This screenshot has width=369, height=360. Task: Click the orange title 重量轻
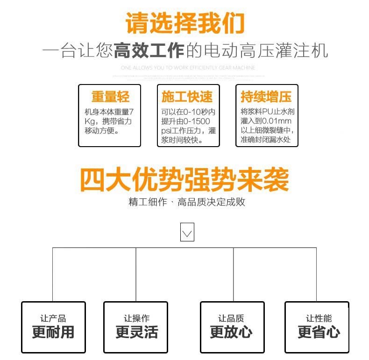pyautogui.click(x=110, y=97)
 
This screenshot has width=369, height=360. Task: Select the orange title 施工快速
pyautogui.click(x=187, y=97)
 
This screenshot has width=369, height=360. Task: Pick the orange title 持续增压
pyautogui.click(x=266, y=97)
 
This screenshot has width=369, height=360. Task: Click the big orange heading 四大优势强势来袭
pyautogui.click(x=184, y=179)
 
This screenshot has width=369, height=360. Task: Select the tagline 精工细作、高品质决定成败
pyautogui.click(x=187, y=202)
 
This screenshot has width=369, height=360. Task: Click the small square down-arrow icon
pyautogui.click(x=187, y=233)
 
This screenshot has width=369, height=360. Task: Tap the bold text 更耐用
pyautogui.click(x=53, y=332)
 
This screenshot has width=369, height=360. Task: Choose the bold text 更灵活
pyautogui.click(x=136, y=332)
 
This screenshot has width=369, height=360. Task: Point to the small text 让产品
pyautogui.click(x=53, y=318)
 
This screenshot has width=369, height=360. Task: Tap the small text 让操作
pyautogui.click(x=136, y=318)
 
